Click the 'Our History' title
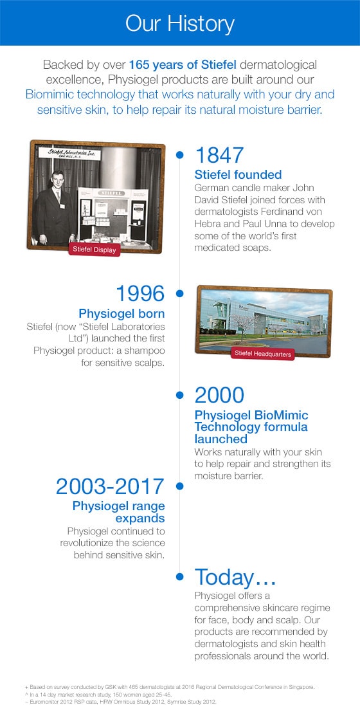[180, 24]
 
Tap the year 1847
[219, 155]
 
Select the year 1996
[140, 293]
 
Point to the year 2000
[220, 395]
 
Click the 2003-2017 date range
[110, 486]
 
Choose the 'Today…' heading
[235, 578]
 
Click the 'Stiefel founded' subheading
[238, 174]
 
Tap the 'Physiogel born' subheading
[122, 314]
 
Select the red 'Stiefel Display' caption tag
[94, 249]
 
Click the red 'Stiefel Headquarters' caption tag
[262, 353]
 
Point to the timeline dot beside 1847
[180, 155]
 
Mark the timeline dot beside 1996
[180, 294]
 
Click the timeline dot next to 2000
[180, 395]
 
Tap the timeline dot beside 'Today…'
[180, 577]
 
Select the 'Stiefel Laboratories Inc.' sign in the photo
[69, 154]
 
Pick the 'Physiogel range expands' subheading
[119, 512]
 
